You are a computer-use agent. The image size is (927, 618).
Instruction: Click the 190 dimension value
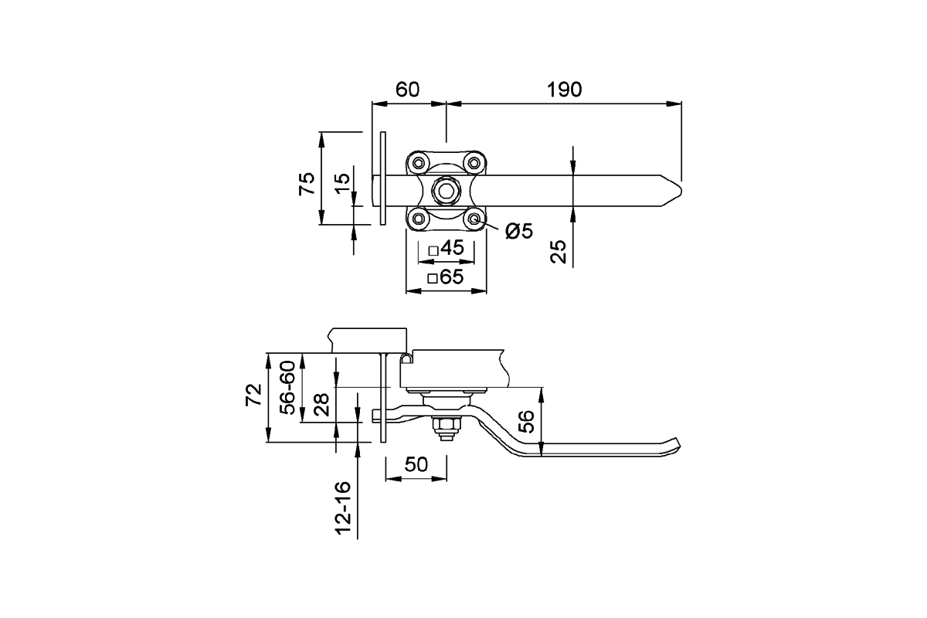[564, 89]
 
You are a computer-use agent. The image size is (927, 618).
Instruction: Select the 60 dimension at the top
[407, 89]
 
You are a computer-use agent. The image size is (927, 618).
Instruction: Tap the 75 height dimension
[307, 183]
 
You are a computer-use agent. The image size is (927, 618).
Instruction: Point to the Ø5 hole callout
[520, 230]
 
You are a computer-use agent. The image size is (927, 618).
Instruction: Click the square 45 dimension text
[446, 249]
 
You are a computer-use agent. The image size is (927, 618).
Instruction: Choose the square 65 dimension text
[446, 277]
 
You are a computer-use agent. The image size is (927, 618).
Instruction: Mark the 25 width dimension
[559, 251]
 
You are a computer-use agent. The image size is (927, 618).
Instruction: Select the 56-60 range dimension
[287, 388]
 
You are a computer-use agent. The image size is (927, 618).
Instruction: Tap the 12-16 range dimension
[345, 508]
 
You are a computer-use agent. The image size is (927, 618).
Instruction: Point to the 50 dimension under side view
[416, 464]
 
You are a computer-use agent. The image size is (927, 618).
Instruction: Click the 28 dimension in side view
[322, 404]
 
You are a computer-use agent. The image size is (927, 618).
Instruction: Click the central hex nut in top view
[446, 188]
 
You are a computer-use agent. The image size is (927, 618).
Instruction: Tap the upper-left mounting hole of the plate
[419, 164]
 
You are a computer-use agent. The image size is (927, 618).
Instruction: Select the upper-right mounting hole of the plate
[474, 164]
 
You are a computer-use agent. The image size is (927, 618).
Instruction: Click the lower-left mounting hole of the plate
[419, 219]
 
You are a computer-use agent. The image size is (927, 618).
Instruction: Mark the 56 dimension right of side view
[525, 421]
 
